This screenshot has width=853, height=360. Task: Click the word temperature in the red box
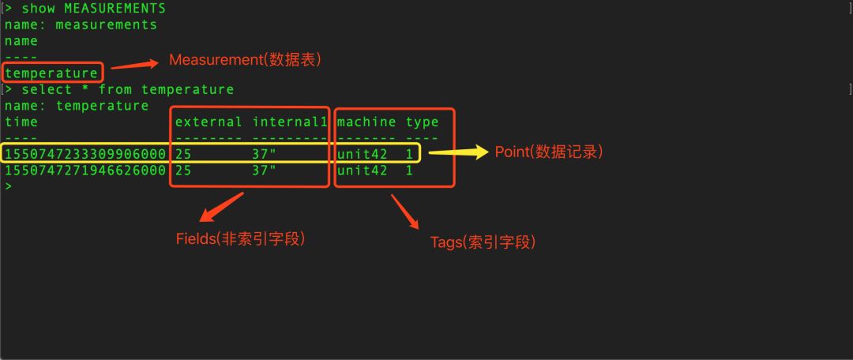pyautogui.click(x=51, y=73)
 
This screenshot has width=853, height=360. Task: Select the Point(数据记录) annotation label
pyautogui.click(x=549, y=152)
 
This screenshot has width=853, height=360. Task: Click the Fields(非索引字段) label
pyautogui.click(x=239, y=238)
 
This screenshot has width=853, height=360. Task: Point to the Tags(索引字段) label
pyautogui.click(x=483, y=242)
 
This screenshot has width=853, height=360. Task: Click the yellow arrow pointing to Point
pyautogui.click(x=458, y=152)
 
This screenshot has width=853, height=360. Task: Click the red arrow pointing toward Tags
pyautogui.click(x=404, y=212)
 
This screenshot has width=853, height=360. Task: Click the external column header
pyautogui.click(x=209, y=122)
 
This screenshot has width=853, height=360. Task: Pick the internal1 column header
pyautogui.click(x=290, y=122)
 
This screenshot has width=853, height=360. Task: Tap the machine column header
pyautogui.click(x=366, y=122)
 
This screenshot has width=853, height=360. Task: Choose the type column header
pyautogui.click(x=422, y=122)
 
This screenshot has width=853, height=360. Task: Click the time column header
pyautogui.click(x=21, y=122)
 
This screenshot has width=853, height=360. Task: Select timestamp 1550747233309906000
pyautogui.click(x=85, y=153)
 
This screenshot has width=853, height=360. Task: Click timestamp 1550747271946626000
pyautogui.click(x=85, y=170)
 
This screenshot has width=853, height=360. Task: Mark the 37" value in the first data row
pyautogui.click(x=264, y=153)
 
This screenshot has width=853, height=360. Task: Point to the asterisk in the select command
pyautogui.click(x=85, y=89)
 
